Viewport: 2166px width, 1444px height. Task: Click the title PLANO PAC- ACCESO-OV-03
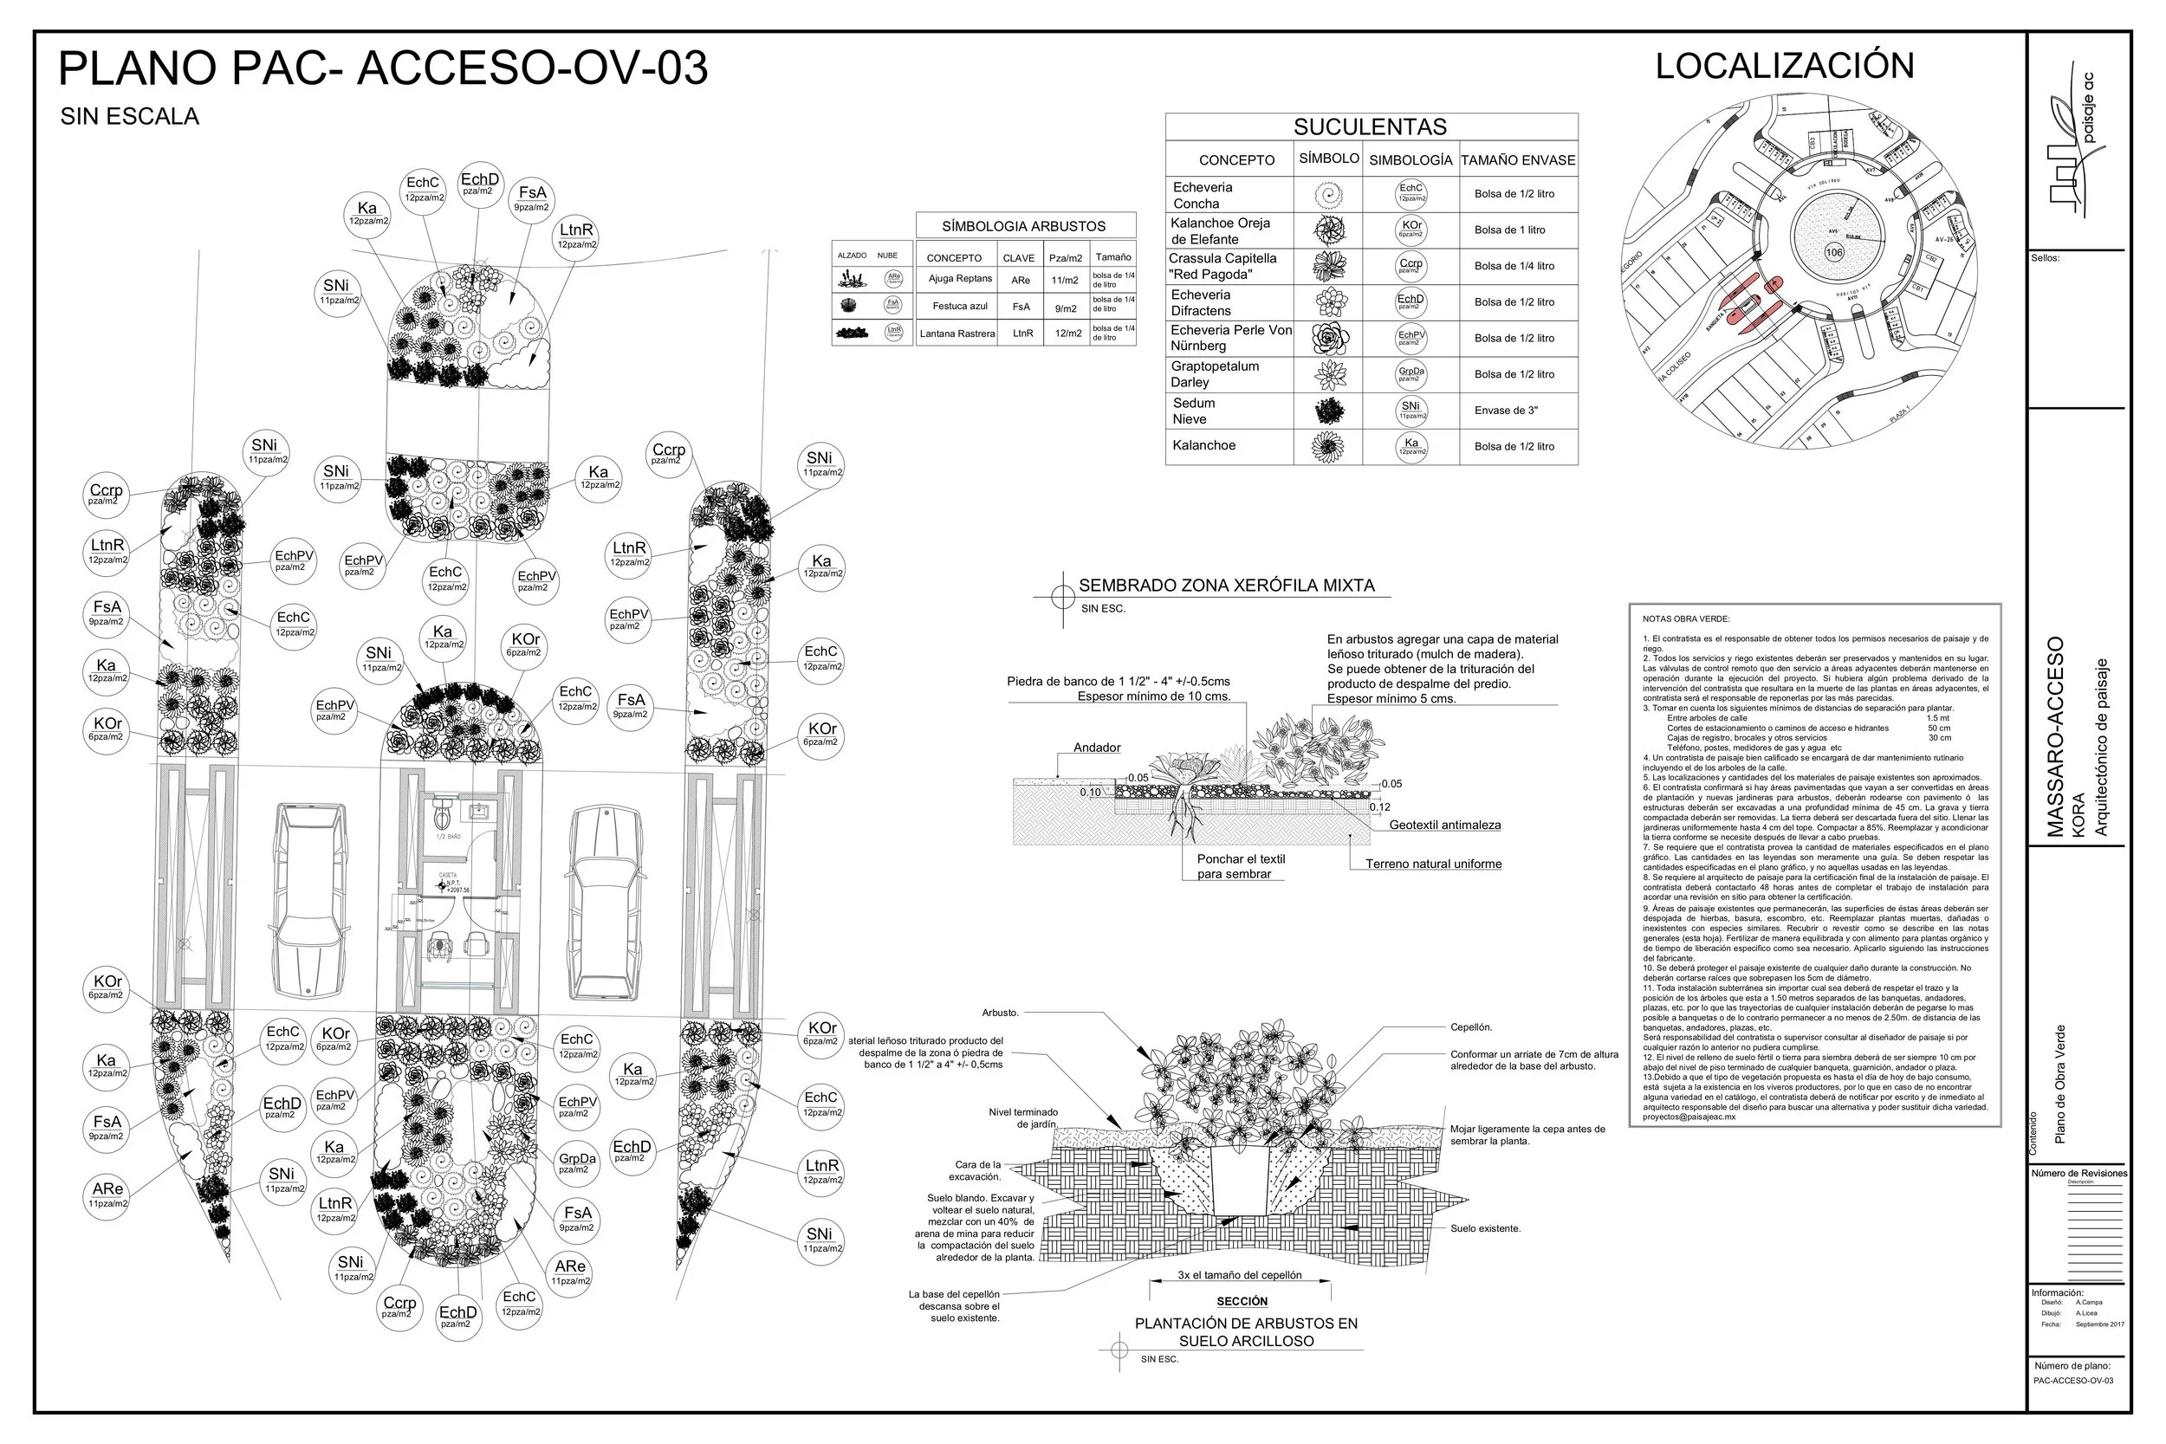pyautogui.click(x=383, y=68)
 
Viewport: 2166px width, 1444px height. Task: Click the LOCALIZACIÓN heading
pyautogui.click(x=1784, y=67)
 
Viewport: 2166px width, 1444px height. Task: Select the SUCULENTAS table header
pyautogui.click(x=1370, y=127)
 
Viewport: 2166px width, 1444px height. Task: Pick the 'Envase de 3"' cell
pyautogui.click(x=1506, y=411)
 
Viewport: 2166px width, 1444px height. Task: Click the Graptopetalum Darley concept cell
pyautogui.click(x=1215, y=374)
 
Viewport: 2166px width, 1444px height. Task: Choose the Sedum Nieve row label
pyautogui.click(x=1194, y=411)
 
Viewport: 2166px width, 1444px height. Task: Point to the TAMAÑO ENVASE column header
pyautogui.click(x=1517, y=160)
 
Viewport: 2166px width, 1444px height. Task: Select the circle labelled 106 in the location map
pyautogui.click(x=1832, y=252)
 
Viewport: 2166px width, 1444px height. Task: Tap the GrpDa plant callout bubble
pyautogui.click(x=576, y=1163)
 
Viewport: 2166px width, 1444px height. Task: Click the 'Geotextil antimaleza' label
pyautogui.click(x=1444, y=826)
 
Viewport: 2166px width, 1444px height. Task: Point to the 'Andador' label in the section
pyautogui.click(x=1096, y=748)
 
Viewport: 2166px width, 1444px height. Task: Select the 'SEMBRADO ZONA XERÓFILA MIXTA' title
pyautogui.click(x=1226, y=586)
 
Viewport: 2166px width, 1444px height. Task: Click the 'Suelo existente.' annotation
pyautogui.click(x=1484, y=1228)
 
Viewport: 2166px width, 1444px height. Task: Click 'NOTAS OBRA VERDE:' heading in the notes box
pyautogui.click(x=1685, y=618)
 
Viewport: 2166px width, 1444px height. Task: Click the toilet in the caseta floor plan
pyautogui.click(x=441, y=813)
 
